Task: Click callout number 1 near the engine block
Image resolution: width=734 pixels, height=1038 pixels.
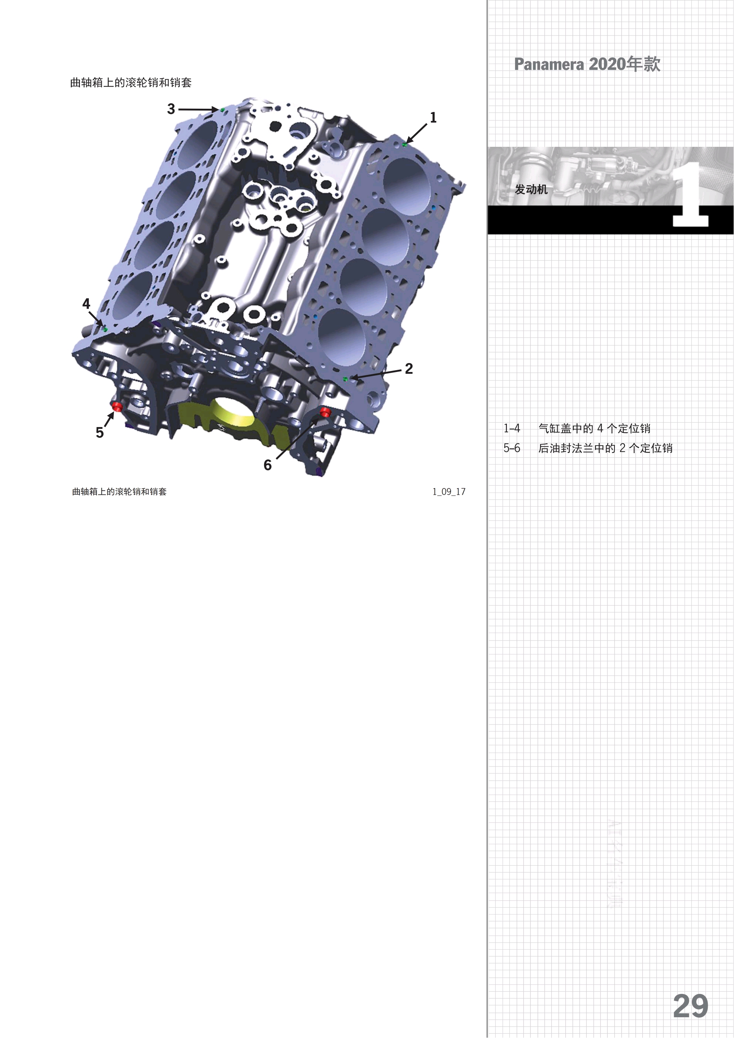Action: tap(433, 118)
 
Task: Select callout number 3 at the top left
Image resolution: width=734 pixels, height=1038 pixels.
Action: tap(171, 109)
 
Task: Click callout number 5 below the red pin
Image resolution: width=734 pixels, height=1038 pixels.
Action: tap(100, 433)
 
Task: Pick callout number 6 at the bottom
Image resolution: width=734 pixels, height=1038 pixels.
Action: tap(268, 465)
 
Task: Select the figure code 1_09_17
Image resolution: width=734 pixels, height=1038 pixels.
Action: tap(449, 491)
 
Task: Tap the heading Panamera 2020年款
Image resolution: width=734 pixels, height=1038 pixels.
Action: tap(587, 64)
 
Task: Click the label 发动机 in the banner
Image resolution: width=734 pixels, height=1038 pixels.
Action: tap(531, 189)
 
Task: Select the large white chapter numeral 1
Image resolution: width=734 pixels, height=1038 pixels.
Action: tap(690, 197)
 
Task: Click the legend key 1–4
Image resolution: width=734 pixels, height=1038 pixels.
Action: tap(512, 428)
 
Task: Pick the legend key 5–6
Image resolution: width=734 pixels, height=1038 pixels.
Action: tap(512, 448)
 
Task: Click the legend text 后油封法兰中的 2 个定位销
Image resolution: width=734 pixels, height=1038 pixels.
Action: tap(605, 448)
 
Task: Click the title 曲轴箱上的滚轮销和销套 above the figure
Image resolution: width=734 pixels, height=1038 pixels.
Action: tap(131, 83)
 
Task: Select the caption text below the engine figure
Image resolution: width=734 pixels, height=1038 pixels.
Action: tap(119, 491)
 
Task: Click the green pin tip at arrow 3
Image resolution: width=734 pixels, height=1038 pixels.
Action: tap(222, 110)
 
